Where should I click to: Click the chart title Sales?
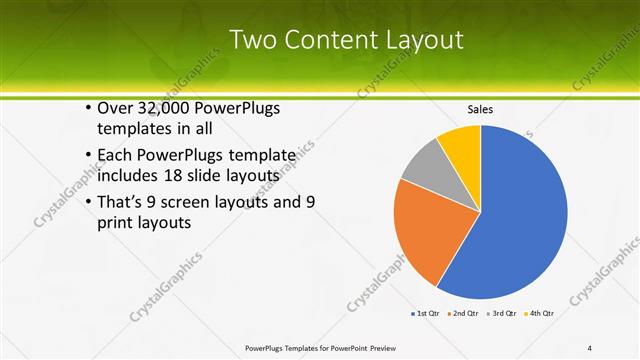coord(481,109)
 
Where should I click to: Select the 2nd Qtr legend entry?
coord(465,313)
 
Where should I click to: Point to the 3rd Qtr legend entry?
coord(504,313)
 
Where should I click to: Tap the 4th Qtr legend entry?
coord(542,313)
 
